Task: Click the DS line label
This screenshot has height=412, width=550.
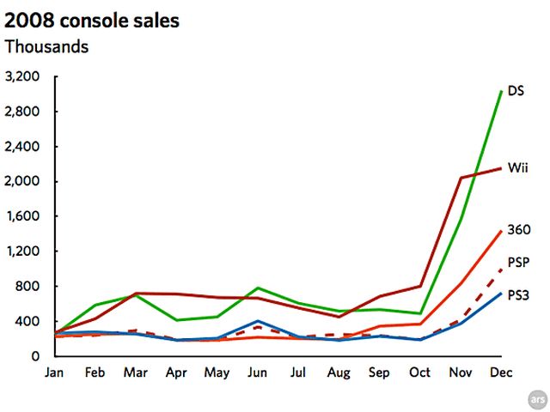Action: (516, 90)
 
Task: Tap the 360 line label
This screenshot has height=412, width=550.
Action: (518, 229)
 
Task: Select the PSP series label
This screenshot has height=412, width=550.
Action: (518, 261)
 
